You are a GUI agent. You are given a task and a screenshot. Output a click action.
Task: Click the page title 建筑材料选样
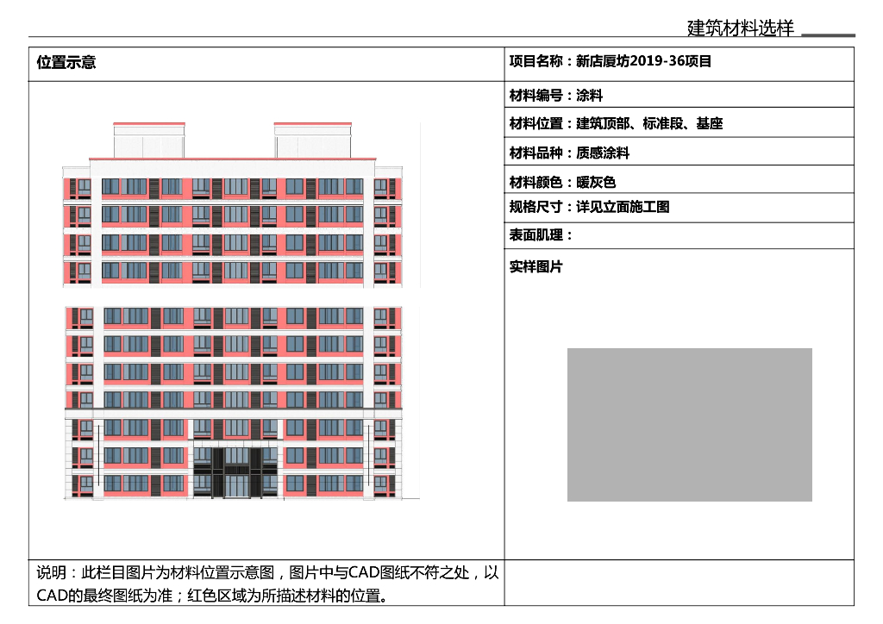tap(740, 28)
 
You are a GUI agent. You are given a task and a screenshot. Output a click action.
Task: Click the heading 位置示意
tap(66, 62)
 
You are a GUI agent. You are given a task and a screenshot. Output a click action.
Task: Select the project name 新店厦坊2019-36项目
tap(643, 61)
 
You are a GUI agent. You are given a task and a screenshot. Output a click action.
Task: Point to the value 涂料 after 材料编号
tap(590, 96)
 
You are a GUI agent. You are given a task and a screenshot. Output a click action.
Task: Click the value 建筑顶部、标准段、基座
tap(649, 124)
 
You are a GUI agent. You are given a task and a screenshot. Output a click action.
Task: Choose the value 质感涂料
tap(603, 153)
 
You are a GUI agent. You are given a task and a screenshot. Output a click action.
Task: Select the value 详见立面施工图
tap(623, 207)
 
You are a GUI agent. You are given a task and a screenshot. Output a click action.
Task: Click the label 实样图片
tap(536, 267)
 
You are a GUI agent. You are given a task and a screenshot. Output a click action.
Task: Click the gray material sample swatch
tap(689, 424)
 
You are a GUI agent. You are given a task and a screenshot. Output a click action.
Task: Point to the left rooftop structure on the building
tap(149, 140)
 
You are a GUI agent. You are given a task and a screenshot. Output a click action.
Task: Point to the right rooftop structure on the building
tap(313, 140)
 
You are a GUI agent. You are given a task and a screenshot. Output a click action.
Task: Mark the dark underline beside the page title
tap(828, 35)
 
